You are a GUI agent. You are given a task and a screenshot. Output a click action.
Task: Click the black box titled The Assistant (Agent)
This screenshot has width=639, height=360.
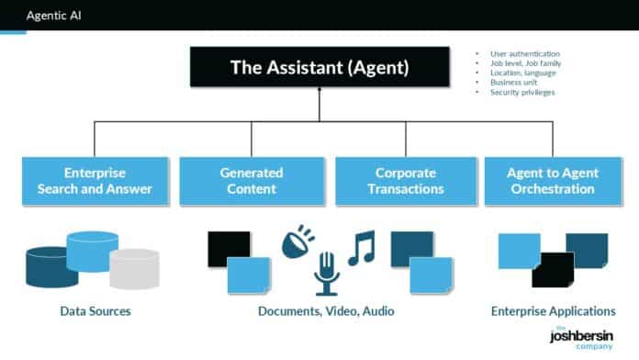coord(319,66)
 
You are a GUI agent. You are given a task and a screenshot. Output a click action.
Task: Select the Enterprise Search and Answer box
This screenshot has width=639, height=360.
coord(95,180)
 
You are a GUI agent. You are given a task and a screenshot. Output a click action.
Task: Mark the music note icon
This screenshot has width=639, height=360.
coord(361,248)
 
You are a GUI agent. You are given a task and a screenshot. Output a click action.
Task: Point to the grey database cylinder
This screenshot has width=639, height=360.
coord(134,268)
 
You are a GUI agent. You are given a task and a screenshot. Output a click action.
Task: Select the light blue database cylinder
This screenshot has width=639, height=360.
coord(92,251)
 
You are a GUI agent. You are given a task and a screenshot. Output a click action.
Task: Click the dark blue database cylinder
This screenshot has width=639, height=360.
coord(51,266)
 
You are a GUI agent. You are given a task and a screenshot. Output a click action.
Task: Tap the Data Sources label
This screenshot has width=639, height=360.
coord(95,311)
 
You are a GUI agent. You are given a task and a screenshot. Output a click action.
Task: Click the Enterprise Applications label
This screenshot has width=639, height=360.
coord(553,311)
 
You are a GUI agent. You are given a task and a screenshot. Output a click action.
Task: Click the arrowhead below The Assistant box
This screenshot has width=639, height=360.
coord(319,91)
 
